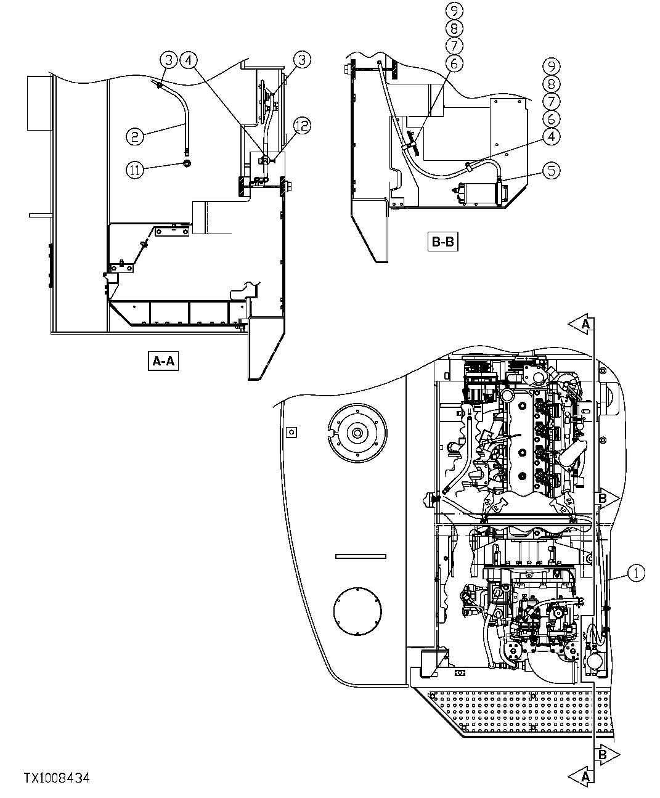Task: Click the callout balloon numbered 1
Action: (637, 572)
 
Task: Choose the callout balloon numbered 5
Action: (552, 169)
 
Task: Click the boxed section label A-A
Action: (163, 360)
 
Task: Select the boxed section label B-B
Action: (442, 242)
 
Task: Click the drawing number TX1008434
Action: (57, 778)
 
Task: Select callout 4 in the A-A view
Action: (189, 60)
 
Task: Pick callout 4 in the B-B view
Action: (552, 136)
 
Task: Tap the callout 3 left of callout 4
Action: (168, 60)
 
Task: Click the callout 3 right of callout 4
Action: (302, 60)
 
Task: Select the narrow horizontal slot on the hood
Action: (361, 556)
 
